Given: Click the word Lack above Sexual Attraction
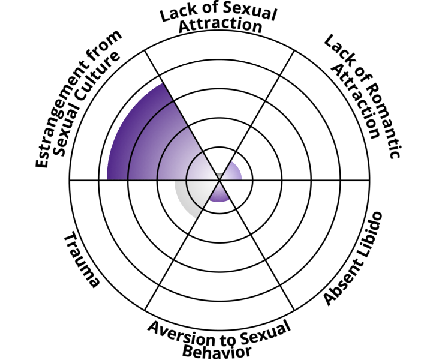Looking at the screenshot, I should (x=175, y=13).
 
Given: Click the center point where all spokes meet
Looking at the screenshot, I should (x=219, y=179).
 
